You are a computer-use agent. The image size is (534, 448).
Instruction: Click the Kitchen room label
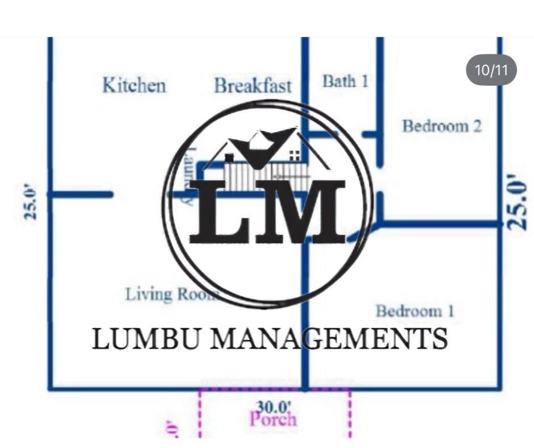[134, 85]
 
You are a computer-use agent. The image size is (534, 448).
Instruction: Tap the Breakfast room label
[252, 86]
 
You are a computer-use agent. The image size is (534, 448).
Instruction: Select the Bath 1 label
[345, 81]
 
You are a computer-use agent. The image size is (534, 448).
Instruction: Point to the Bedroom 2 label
[442, 126]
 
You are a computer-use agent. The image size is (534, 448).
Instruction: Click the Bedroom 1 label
[415, 311]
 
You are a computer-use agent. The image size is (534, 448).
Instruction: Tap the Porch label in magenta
[273, 420]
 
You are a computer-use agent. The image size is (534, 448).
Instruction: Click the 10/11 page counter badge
[491, 70]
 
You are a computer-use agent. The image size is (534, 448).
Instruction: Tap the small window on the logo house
[295, 154]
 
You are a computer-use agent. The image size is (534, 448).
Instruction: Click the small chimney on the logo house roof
[229, 157]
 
